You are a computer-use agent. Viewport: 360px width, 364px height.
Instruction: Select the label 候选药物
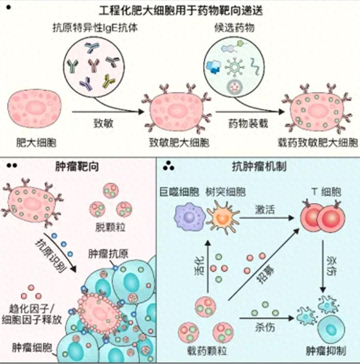click(x=234, y=27)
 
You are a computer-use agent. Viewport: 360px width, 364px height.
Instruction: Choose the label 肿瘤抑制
click(x=325, y=349)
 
